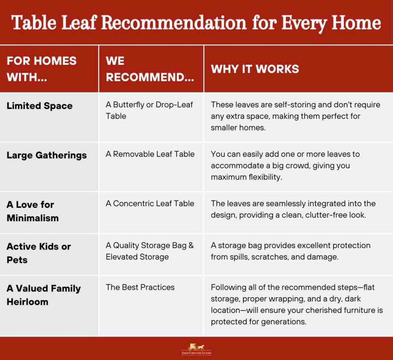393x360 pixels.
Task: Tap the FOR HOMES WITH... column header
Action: [x=41, y=69]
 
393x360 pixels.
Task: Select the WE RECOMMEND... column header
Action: [x=150, y=69]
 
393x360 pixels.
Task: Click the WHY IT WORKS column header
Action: [x=255, y=69]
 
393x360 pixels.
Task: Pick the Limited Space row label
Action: [x=40, y=106]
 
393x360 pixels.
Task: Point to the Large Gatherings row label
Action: [x=46, y=155]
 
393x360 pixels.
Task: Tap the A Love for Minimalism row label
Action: [x=33, y=211]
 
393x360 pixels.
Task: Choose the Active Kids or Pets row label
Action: [x=38, y=253]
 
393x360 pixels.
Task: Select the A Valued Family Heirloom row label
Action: [x=43, y=295]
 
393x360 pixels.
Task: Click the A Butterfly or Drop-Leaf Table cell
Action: [x=149, y=110]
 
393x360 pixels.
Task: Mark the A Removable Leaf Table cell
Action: [x=150, y=154]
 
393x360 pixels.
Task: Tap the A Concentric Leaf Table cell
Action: [x=150, y=204]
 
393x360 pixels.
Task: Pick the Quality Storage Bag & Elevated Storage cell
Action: [x=150, y=251]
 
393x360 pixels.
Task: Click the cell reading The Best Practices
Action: [x=140, y=287]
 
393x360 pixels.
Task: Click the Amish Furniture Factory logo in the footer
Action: [x=196, y=349]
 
